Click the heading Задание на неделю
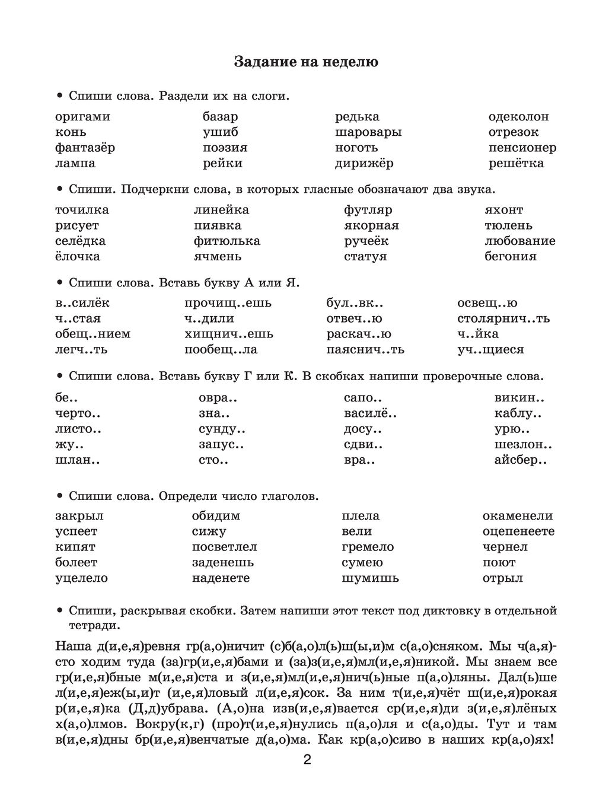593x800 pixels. (306, 62)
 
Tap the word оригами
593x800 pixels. (82, 117)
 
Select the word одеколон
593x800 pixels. (518, 117)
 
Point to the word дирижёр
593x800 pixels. (364, 163)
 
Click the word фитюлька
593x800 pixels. (227, 241)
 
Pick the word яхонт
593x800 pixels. (503, 210)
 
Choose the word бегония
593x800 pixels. (510, 256)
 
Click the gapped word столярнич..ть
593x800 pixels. (503, 318)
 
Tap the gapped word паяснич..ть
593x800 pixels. (365, 349)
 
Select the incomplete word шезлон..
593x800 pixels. (523, 445)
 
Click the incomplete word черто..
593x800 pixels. (78, 414)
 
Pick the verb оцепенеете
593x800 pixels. (518, 531)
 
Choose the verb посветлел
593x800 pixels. (224, 547)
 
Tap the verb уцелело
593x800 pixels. (81, 578)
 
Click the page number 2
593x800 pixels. (307, 761)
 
